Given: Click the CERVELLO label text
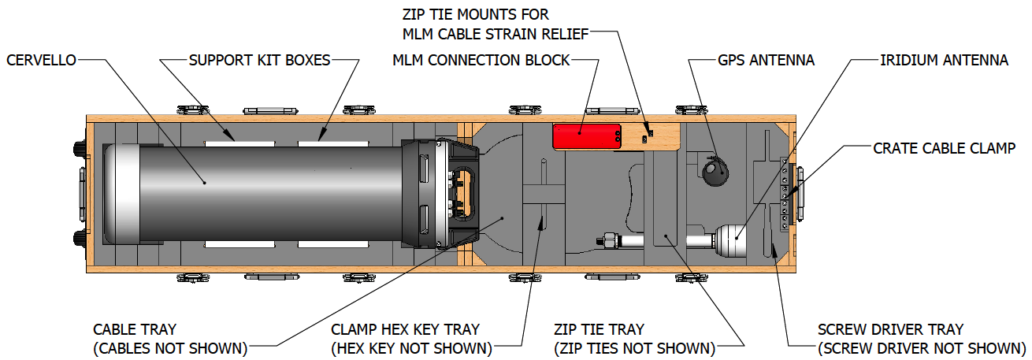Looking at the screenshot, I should [x=40, y=60].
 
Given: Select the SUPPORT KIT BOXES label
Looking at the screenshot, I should [x=259, y=60].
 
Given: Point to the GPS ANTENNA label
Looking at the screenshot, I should [x=766, y=60].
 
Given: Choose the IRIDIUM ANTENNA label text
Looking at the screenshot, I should [x=944, y=60].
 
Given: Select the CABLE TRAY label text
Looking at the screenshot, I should [x=135, y=329].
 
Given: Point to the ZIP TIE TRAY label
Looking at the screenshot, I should [x=598, y=329].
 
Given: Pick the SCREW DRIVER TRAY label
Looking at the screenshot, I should [x=890, y=329].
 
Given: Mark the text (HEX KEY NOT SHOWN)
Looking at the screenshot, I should [x=412, y=348].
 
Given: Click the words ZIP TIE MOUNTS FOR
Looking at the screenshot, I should [x=476, y=14].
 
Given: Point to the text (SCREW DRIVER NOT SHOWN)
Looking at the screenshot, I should [x=917, y=348].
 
